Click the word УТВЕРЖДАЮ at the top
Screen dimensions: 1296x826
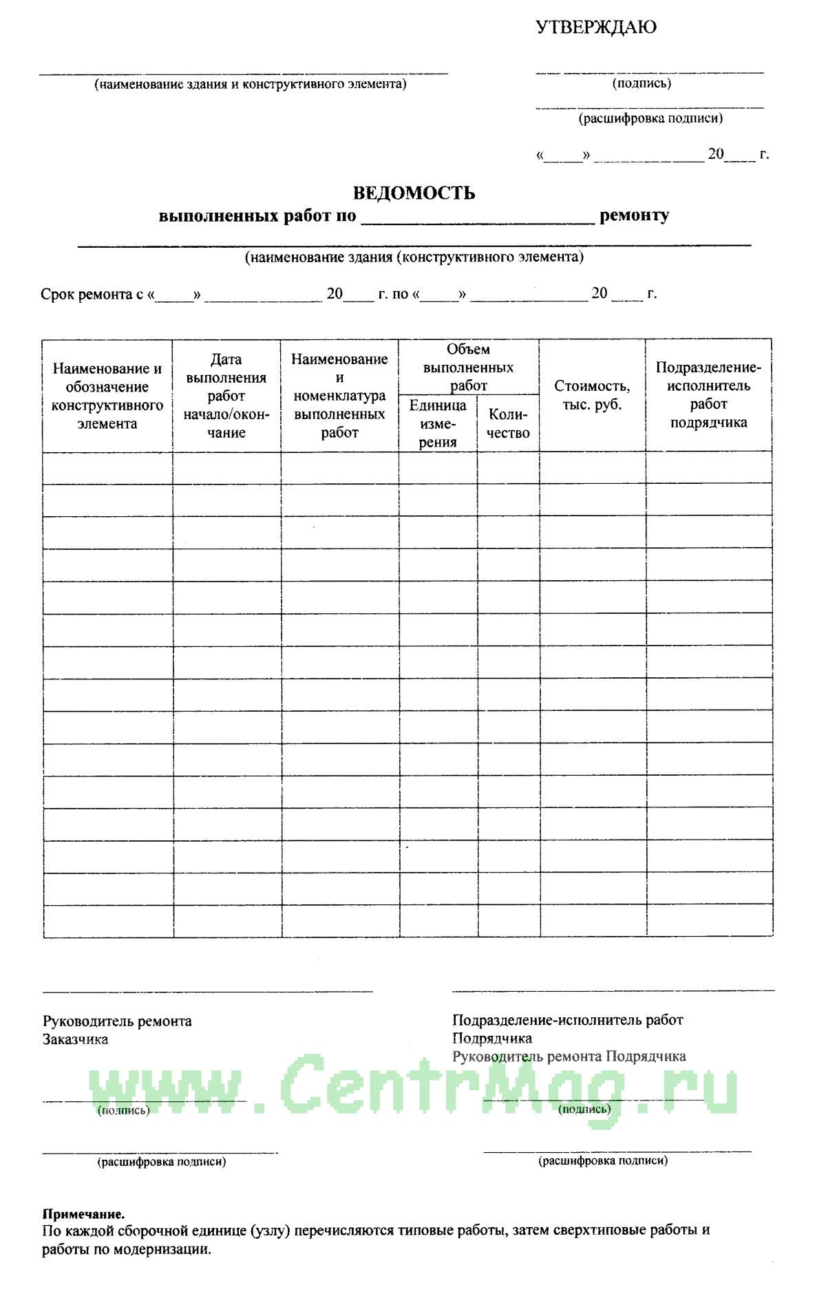[596, 28]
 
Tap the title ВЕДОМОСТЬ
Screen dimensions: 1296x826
[414, 193]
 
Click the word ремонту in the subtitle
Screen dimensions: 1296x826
[634, 215]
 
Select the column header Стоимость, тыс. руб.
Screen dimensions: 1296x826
[592, 395]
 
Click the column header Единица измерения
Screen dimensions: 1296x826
[438, 423]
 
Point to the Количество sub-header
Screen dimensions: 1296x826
[508, 423]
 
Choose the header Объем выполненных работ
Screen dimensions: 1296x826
[468, 368]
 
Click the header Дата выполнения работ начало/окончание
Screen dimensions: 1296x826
[226, 396]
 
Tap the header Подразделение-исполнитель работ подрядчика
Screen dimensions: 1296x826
[708, 395]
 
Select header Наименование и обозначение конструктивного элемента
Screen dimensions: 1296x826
[107, 396]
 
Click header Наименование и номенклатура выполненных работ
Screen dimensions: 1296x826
[339, 396]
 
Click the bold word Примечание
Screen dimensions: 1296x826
[84, 1214]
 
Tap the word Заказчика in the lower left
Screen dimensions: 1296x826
[76, 1039]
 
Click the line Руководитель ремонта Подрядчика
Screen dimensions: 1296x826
[569, 1056]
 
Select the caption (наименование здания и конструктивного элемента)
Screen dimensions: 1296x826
[250, 85]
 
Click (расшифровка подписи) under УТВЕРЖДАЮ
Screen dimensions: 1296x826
[650, 118]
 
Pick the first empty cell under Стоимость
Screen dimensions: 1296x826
[592, 469]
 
